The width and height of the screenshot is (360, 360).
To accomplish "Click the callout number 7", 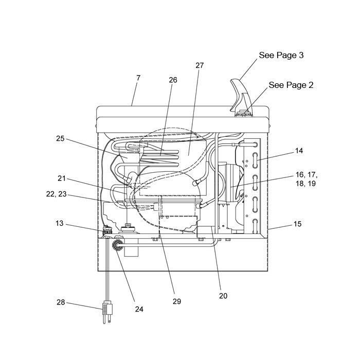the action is [138, 78].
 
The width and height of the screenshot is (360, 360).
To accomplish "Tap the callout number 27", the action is [200, 65].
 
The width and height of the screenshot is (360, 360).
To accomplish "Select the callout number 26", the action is [173, 80].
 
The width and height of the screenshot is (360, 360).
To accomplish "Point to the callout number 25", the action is [60, 139].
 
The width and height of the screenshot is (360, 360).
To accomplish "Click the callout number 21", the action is [62, 178].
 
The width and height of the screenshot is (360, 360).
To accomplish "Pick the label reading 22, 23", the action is [56, 194].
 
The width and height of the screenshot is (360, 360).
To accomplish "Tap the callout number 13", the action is [59, 223].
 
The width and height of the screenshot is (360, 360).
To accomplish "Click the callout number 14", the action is [299, 151].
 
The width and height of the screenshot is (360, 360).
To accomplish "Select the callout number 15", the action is [298, 224].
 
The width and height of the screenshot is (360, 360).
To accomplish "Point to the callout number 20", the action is [223, 296].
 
